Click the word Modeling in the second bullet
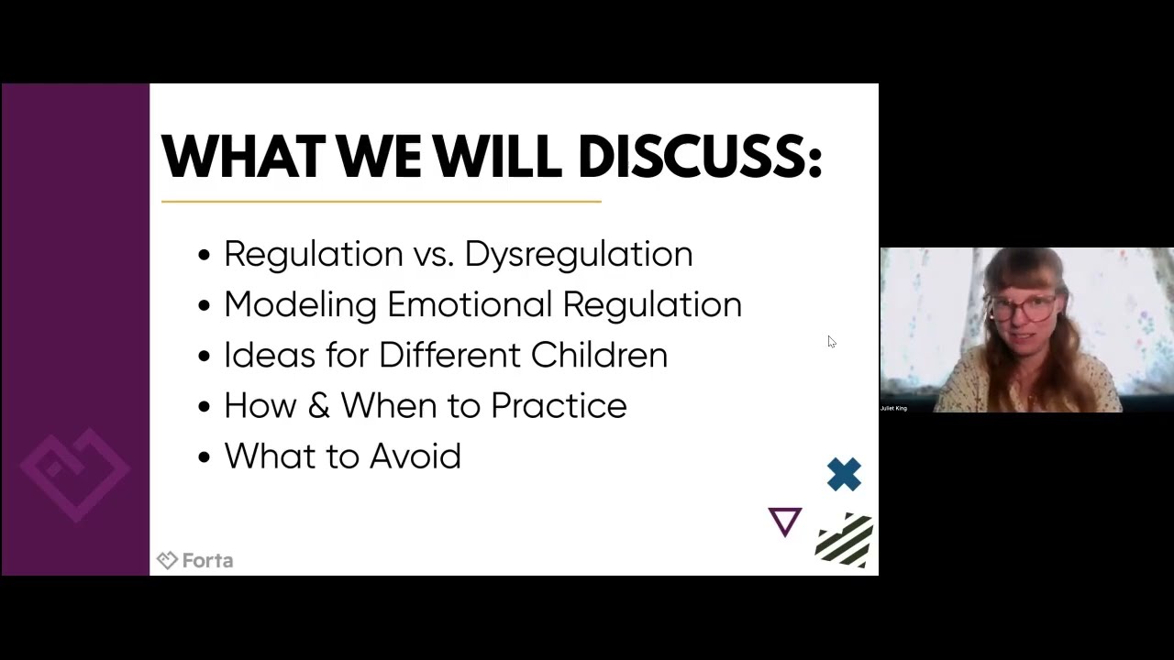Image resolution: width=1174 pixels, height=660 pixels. tap(300, 304)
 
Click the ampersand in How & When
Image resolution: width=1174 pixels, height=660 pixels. tap(318, 405)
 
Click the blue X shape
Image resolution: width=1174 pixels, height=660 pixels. tap(844, 475)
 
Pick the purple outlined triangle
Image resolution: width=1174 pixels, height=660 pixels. tap(785, 521)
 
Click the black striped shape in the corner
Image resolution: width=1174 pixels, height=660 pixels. tap(845, 541)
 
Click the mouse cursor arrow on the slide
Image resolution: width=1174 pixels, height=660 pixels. tap(831, 341)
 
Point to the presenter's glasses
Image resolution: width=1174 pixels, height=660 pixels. tap(1022, 308)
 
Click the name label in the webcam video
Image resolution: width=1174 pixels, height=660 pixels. tap(893, 408)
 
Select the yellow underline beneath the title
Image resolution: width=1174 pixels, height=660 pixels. tap(381, 201)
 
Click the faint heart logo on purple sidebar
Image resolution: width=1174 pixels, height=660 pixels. tap(75, 472)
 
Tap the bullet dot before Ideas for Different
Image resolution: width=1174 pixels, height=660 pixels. tap(204, 357)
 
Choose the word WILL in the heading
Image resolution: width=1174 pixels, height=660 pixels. tap(496, 156)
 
